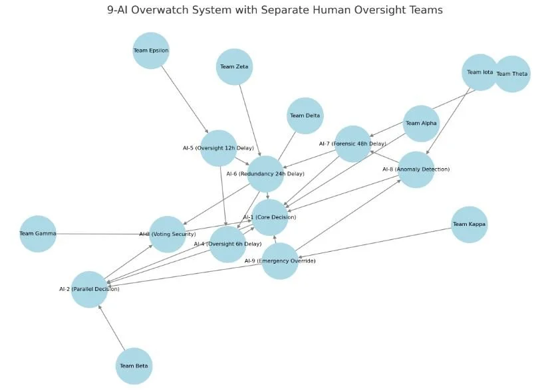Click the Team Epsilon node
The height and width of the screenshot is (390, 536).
click(151, 50)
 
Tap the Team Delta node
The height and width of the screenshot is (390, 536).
click(305, 116)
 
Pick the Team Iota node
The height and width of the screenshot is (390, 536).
click(480, 72)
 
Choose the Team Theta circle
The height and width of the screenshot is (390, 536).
click(512, 74)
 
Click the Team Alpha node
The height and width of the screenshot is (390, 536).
click(421, 124)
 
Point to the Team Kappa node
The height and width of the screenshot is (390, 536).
click(469, 225)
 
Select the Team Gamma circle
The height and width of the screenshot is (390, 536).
click(38, 234)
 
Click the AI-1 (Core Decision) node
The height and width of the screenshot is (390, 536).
click(269, 217)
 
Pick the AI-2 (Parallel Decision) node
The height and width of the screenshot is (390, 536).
click(89, 289)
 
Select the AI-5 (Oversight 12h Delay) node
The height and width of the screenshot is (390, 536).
click(218, 148)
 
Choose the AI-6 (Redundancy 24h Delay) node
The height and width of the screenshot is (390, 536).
click(265, 174)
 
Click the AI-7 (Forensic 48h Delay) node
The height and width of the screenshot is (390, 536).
click(352, 144)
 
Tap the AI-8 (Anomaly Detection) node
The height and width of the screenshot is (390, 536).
click(416, 169)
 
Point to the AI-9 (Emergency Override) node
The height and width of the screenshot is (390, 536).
click(280, 261)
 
